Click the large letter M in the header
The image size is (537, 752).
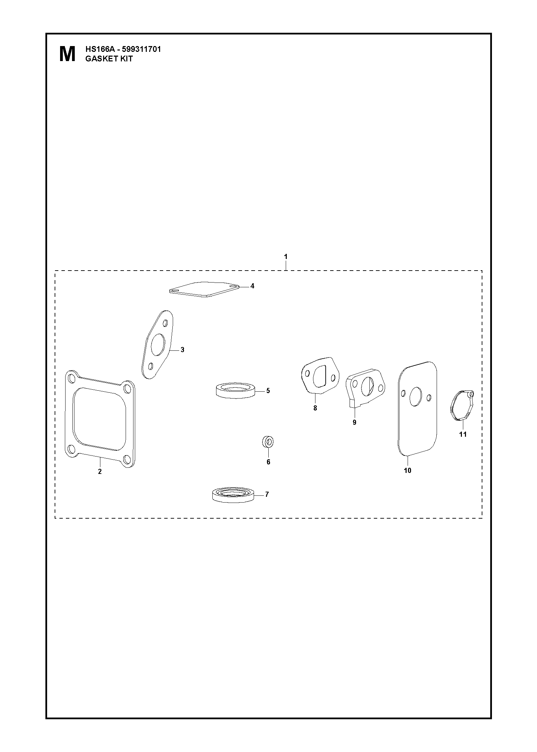67,54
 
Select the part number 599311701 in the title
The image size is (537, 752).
141,49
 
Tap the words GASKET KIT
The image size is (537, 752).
109,58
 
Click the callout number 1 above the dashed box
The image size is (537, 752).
286,256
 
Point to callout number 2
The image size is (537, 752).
100,472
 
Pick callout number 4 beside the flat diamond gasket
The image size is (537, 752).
252,286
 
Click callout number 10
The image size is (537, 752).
408,471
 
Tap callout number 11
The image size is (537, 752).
463,434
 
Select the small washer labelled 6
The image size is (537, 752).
268,443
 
